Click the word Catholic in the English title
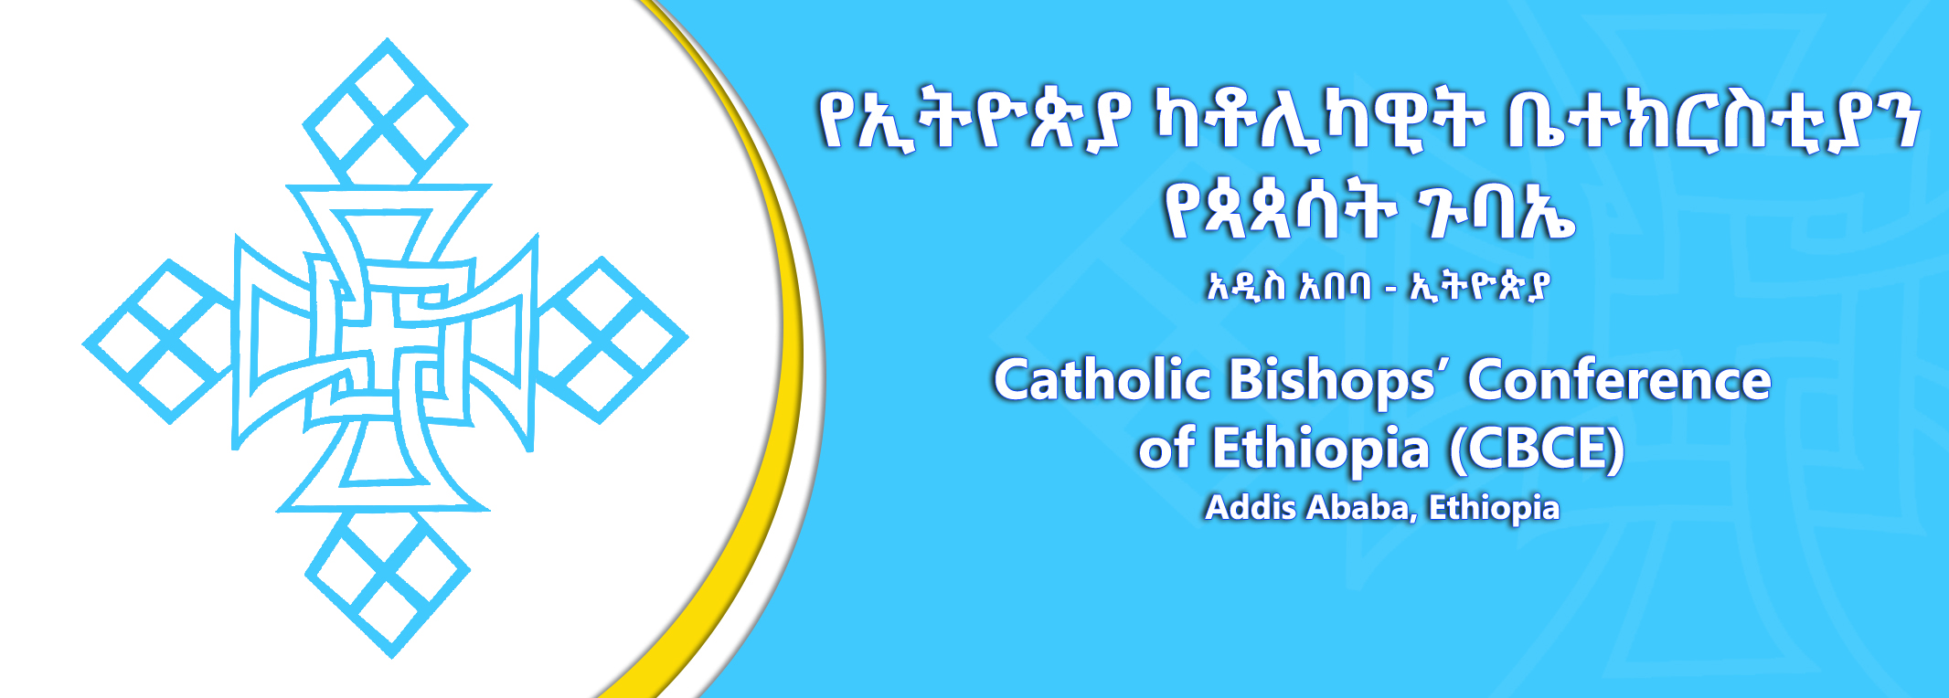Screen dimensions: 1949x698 click(1102, 379)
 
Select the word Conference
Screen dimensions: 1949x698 click(1619, 379)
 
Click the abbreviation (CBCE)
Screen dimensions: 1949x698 click(1536, 449)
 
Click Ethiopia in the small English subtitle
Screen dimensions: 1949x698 click(1494, 508)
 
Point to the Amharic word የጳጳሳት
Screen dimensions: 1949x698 click(1280, 212)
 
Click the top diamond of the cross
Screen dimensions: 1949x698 click(385, 111)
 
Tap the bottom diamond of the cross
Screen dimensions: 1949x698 click(389, 583)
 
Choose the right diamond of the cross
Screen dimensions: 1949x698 click(611, 340)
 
